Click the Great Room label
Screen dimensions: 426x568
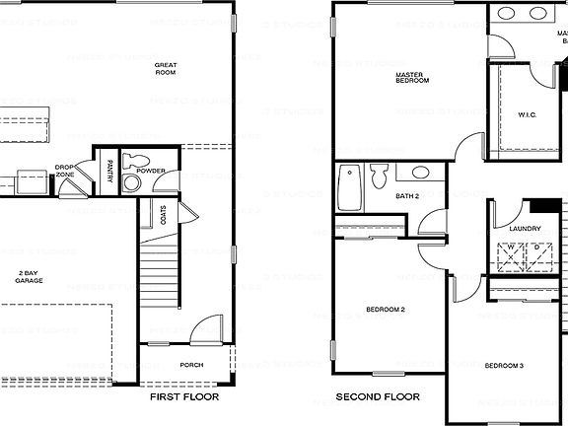click(166, 69)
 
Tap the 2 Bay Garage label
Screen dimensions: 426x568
click(28, 276)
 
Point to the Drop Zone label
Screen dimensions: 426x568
click(66, 171)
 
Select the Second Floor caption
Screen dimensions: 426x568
click(378, 398)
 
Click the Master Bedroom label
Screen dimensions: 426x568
click(412, 78)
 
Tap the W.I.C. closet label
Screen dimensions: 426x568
click(528, 115)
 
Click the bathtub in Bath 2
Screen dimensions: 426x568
click(348, 187)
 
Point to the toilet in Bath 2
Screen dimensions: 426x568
click(379, 177)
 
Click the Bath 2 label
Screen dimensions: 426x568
click(408, 196)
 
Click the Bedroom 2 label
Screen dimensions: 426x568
click(386, 310)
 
